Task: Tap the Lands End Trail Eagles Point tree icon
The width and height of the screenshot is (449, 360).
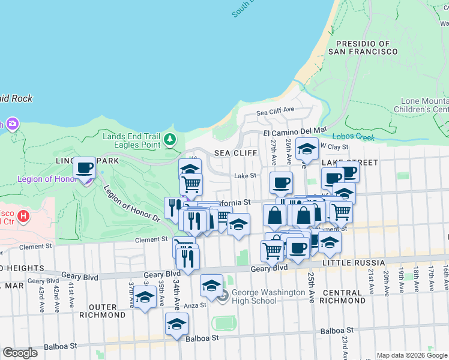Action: pyautogui.click(x=170, y=140)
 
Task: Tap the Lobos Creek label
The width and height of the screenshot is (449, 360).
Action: pyautogui.click(x=353, y=137)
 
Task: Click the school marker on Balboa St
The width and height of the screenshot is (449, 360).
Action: pyautogui.click(x=176, y=325)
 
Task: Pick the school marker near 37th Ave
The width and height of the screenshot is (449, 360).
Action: pyautogui.click(x=145, y=298)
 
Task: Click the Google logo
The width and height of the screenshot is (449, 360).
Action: pyautogui.click(x=20, y=353)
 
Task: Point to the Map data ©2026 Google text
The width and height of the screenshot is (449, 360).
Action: pyautogui.click(x=412, y=355)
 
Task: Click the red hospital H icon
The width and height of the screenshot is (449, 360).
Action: pyautogui.click(x=23, y=215)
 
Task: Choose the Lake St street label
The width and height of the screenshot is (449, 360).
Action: pyautogui.click(x=245, y=176)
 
